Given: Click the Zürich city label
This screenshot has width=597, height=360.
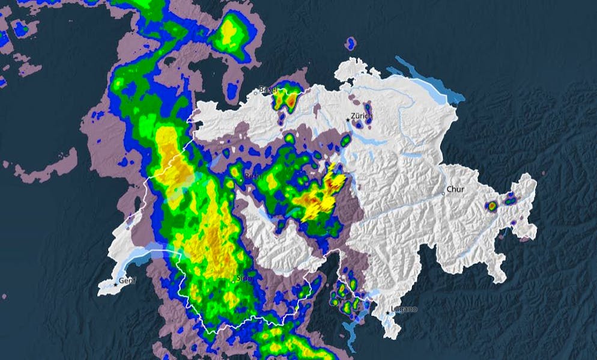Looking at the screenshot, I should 363,116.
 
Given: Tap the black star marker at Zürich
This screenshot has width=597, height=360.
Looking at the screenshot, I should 347,120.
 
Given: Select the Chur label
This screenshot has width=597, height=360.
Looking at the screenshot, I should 455,189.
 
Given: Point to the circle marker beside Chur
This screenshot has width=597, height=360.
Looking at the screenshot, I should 444,193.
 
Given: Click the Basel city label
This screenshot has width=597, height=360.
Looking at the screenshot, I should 268,90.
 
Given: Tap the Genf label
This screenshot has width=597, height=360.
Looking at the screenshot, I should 127,280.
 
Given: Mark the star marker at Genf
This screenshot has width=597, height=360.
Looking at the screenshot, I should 116,284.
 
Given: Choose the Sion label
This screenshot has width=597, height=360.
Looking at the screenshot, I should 243,278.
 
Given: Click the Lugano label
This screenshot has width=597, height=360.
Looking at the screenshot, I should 404,309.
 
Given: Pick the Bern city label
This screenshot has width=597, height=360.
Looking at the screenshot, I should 252,177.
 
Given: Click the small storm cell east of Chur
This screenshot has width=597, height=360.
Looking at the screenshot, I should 492,206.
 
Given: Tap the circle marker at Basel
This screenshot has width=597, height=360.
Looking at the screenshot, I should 259,93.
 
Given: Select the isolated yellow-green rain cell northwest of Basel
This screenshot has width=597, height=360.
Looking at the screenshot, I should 229,33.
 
